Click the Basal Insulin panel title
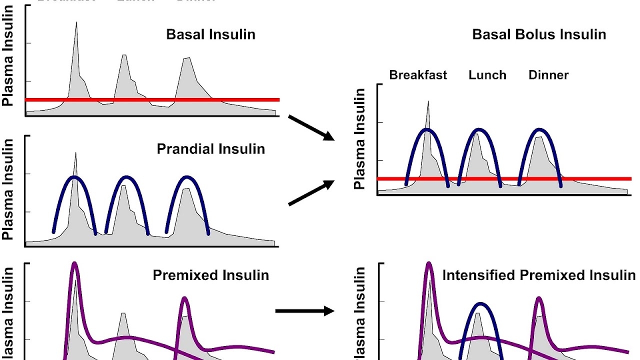210,34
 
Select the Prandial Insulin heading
210,149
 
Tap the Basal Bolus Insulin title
539,34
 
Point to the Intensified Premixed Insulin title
538,275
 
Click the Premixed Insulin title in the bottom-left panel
210,275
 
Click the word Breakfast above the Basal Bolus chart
418,75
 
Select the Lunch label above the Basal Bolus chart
487,75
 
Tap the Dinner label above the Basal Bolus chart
548,75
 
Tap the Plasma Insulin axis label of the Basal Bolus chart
359,139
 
